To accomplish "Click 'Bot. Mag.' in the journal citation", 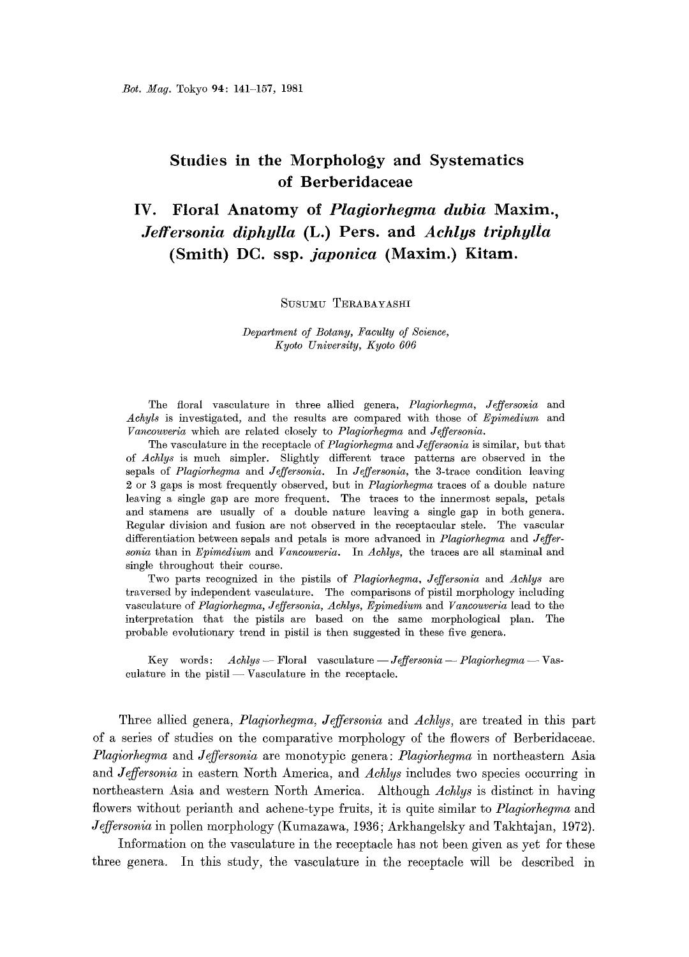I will coord(144,87).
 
